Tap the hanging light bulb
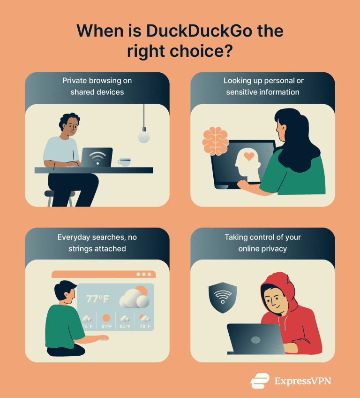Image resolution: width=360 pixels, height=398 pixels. [x=144, y=137]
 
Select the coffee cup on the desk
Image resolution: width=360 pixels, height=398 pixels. [x=124, y=162]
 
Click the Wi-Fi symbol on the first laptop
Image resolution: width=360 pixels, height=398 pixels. [x=97, y=158]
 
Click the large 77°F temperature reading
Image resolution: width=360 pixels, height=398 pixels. [x=97, y=298]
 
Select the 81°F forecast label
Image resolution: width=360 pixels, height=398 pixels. [x=106, y=327]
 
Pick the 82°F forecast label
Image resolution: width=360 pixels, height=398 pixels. [x=125, y=327]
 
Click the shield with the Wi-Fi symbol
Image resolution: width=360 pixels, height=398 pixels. [x=222, y=297]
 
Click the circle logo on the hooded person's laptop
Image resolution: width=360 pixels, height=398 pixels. [x=255, y=340]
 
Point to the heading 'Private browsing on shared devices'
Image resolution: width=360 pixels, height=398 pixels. [x=97, y=86]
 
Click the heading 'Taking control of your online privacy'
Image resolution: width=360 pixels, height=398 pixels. [x=262, y=243]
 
